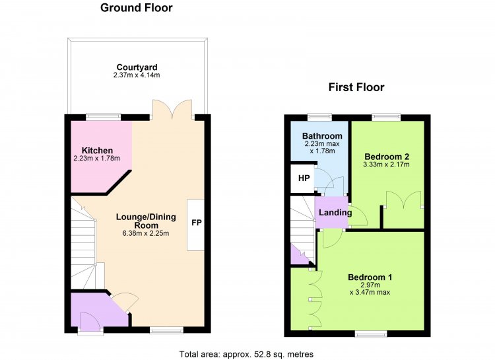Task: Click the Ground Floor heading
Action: click(x=137, y=7)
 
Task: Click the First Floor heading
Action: click(x=356, y=87)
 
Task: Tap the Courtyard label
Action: click(x=137, y=67)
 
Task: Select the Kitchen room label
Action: click(x=97, y=151)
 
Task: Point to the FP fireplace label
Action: click(x=197, y=223)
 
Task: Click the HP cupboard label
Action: click(x=304, y=178)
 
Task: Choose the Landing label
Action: click(x=335, y=213)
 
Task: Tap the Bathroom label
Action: click(x=322, y=136)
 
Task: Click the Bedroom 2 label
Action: click(x=387, y=157)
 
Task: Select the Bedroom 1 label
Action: click(x=370, y=277)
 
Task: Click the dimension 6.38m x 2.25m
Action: click(x=146, y=234)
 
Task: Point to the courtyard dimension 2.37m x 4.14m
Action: click(x=137, y=75)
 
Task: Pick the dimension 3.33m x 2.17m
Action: click(x=386, y=164)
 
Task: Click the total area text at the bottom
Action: click(x=246, y=354)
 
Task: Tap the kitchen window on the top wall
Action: click(x=104, y=117)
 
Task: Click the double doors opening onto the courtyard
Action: click(x=172, y=110)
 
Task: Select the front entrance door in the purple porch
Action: click(x=90, y=322)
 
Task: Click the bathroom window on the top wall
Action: click(x=320, y=117)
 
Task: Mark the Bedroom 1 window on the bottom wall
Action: click(x=371, y=334)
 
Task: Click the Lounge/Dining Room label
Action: click(x=146, y=221)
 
